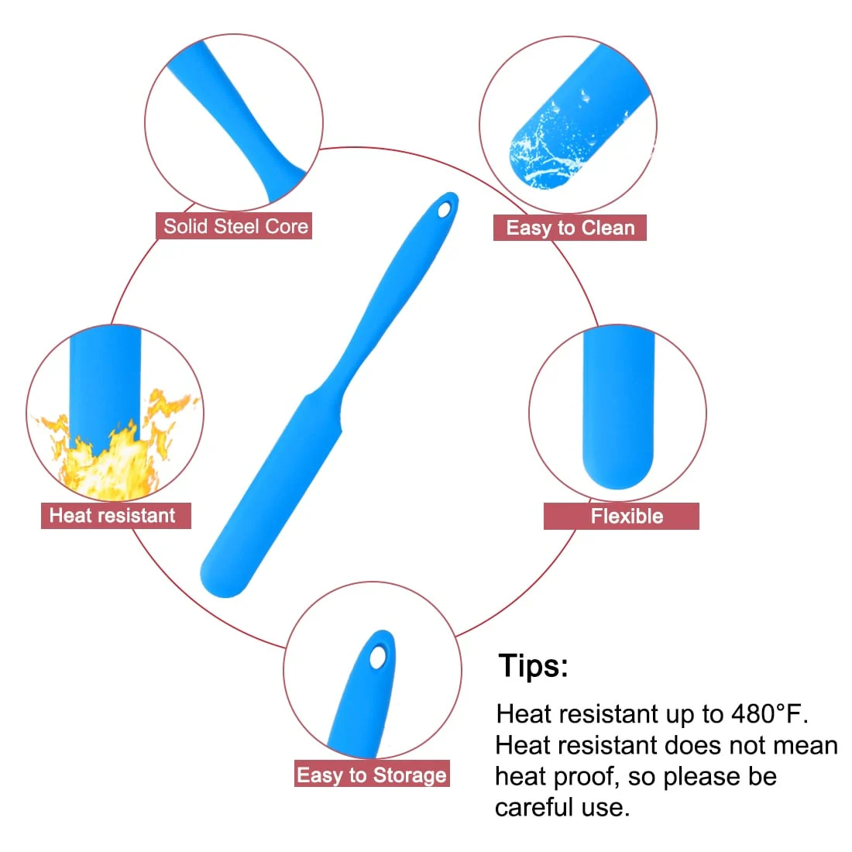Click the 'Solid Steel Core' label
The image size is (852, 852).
pyautogui.click(x=234, y=226)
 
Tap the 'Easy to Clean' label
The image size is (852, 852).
pyautogui.click(x=570, y=228)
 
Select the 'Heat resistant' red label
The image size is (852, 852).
pyautogui.click(x=115, y=516)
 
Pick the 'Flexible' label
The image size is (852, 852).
pyautogui.click(x=621, y=516)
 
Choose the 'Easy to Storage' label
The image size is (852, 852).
pyautogui.click(x=373, y=773)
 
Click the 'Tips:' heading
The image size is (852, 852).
pyautogui.click(x=533, y=665)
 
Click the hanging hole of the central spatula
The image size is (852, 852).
pyautogui.click(x=445, y=210)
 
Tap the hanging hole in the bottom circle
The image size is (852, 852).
pyautogui.click(x=378, y=658)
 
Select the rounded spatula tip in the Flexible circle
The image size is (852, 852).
pyautogui.click(x=618, y=467)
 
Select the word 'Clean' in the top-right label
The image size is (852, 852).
pyautogui.click(x=608, y=228)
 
